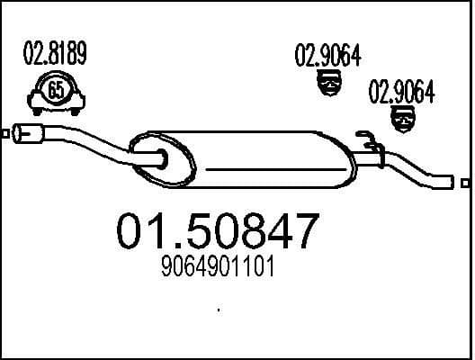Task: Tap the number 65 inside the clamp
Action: point(54,90)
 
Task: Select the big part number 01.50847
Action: point(219,232)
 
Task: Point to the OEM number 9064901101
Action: point(219,267)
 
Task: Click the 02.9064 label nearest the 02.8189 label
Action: point(327,58)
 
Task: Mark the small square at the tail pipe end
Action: point(464,184)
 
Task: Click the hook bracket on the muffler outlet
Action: point(367,139)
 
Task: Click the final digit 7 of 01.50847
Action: point(304,232)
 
